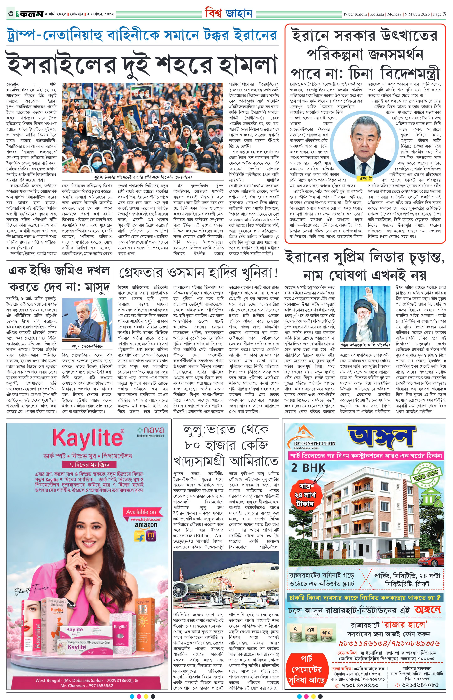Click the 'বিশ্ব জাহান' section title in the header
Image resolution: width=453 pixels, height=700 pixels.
click(x=229, y=13)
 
